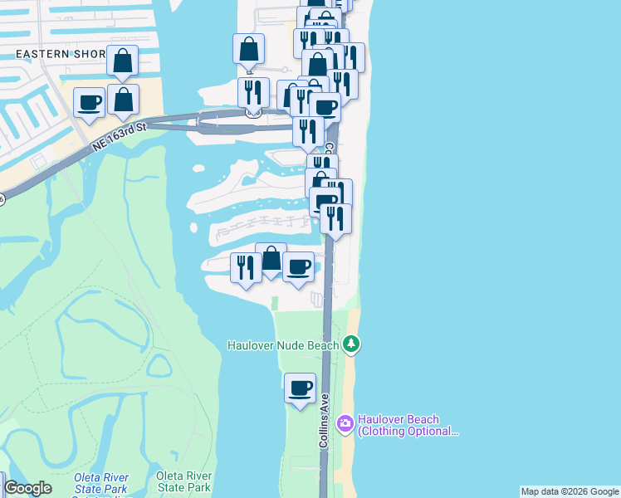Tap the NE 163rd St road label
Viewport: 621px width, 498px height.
[x=119, y=136]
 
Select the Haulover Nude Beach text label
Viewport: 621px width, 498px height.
[x=283, y=345]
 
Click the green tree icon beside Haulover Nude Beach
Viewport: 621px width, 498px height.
[x=352, y=344]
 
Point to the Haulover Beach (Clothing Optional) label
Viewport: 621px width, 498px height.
[x=408, y=425]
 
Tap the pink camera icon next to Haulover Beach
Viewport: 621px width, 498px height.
[x=345, y=425]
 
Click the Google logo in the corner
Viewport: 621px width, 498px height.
[x=27, y=488]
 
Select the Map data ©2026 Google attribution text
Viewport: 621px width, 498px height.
[x=570, y=491]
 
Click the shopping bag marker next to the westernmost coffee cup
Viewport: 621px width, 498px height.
[x=123, y=100]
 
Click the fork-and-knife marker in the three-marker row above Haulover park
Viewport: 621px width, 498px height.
[x=246, y=267]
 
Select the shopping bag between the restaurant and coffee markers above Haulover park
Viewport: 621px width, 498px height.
[x=271, y=259]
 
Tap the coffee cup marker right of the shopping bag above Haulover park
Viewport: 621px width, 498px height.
[x=298, y=267]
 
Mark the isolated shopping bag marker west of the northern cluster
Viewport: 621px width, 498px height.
[x=248, y=49]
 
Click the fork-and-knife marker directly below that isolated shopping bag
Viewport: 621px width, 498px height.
[x=253, y=92]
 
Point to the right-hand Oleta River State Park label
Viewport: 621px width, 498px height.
[x=183, y=481]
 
